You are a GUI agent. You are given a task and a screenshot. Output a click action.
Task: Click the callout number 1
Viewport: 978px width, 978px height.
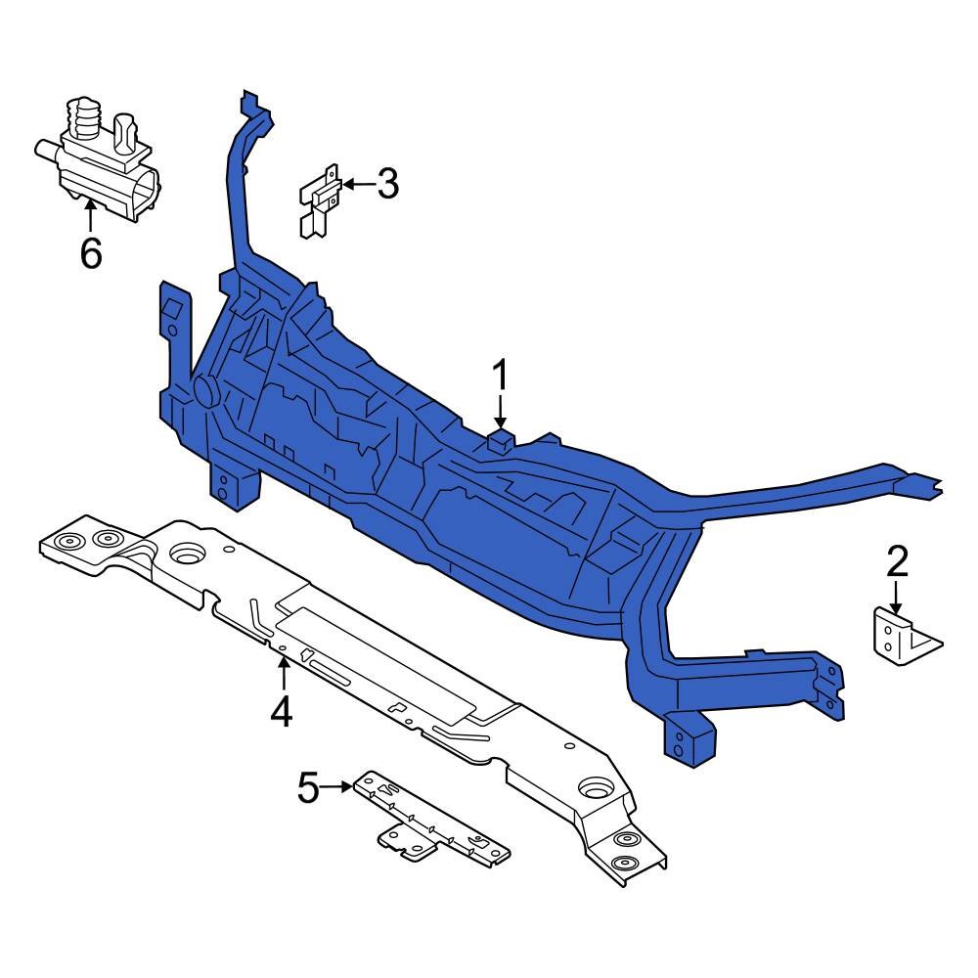click(501, 375)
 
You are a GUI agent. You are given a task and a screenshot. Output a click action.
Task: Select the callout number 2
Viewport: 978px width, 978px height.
click(897, 560)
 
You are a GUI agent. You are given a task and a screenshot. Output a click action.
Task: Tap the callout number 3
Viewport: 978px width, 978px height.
click(388, 183)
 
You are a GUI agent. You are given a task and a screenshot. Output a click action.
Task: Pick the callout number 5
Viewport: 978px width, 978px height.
click(309, 786)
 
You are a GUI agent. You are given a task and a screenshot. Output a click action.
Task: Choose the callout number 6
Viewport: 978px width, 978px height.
click(90, 253)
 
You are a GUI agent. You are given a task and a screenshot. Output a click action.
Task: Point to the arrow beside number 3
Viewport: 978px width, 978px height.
click(356, 184)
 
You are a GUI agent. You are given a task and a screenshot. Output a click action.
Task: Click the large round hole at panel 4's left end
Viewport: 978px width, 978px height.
click(186, 555)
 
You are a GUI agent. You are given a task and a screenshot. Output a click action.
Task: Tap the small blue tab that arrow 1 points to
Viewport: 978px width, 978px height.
click(501, 437)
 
